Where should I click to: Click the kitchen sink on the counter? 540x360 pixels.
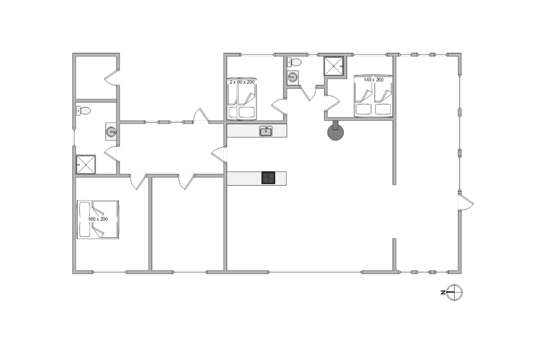(266, 131)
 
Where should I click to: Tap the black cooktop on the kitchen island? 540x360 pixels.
(268, 178)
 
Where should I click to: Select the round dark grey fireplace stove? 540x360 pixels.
(335, 132)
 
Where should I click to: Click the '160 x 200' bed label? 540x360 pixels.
(98, 219)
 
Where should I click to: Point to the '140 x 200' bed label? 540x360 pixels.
(374, 80)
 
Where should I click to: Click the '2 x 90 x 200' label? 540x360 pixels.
(242, 82)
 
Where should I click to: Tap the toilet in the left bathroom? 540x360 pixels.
(83, 111)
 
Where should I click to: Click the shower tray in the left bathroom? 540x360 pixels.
(86, 165)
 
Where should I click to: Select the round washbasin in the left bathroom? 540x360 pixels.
(111, 132)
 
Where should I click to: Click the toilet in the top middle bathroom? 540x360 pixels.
(294, 62)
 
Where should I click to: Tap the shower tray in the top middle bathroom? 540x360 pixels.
(334, 66)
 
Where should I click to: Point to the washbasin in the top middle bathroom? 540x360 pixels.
(293, 77)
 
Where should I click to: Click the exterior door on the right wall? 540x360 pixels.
(465, 202)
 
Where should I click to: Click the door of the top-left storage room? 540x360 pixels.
(111, 77)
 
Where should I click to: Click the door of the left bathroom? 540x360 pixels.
(111, 154)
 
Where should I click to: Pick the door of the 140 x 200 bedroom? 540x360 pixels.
(332, 103)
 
